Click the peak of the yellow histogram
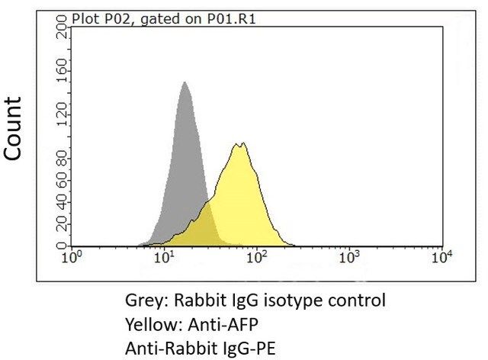pyautogui.click(x=239, y=144)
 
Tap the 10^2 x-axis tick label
pyautogui.click(x=257, y=258)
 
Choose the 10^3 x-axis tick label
pyautogui.click(x=349, y=258)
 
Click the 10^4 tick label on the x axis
pyautogui.click(x=442, y=258)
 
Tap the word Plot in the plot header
pyautogui.click(x=84, y=15)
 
